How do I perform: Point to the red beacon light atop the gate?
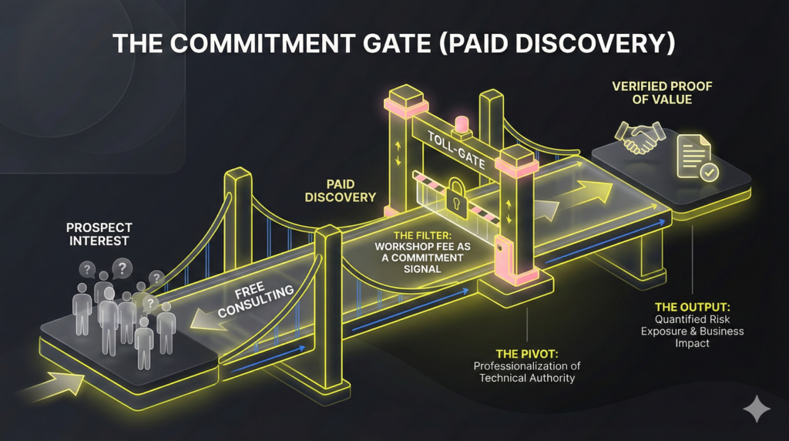[462, 123]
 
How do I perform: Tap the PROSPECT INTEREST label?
[99, 234]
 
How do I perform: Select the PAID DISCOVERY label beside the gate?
[340, 190]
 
